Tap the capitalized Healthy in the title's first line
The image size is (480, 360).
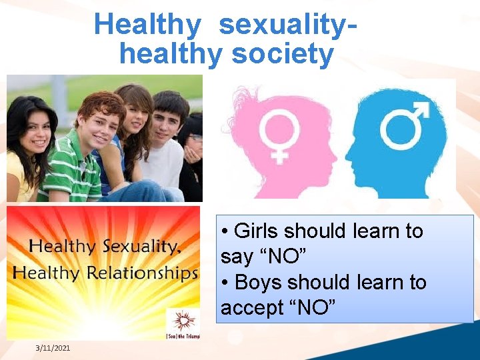[147, 25]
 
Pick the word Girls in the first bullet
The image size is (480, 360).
[257, 231]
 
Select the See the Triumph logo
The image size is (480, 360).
[182, 323]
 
